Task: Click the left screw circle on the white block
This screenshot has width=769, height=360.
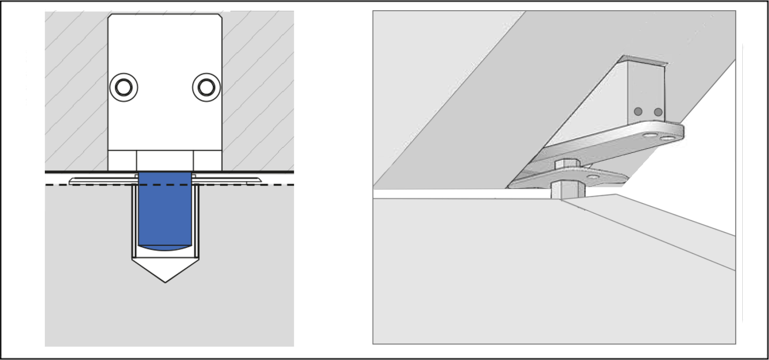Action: [x=124, y=87]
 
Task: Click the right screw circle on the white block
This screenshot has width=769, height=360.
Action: [x=206, y=87]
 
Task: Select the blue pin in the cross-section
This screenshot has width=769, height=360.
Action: [x=165, y=211]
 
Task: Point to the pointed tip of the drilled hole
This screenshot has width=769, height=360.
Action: [x=165, y=281]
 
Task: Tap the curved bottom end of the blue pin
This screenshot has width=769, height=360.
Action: [x=165, y=248]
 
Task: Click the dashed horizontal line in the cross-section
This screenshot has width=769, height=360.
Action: [x=258, y=185]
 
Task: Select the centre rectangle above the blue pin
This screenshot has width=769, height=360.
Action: [x=165, y=161]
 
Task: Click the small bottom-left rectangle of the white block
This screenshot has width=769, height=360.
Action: [x=122, y=161]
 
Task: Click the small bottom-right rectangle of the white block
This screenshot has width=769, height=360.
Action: [x=208, y=161]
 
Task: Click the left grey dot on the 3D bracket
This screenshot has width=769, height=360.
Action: [x=638, y=112]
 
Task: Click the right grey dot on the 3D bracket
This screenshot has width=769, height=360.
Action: [x=658, y=112]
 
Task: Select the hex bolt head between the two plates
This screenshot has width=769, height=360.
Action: [x=567, y=164]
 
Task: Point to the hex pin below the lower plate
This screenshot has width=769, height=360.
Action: [x=567, y=189]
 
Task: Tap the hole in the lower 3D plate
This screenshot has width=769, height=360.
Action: [x=593, y=177]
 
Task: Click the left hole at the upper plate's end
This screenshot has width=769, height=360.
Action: [x=648, y=135]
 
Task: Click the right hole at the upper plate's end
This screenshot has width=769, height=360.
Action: [x=667, y=139]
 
